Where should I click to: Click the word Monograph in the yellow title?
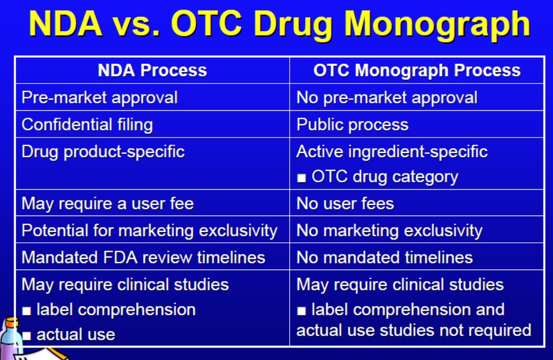[x=437, y=24]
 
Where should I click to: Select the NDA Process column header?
[x=152, y=70]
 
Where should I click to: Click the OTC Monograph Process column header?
[x=417, y=70]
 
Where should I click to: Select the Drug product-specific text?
[x=103, y=152]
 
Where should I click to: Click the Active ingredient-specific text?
[x=392, y=152]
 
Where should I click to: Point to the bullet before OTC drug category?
[x=301, y=178]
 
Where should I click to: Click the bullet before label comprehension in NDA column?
[x=26, y=311]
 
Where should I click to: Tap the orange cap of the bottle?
[x=12, y=322]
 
